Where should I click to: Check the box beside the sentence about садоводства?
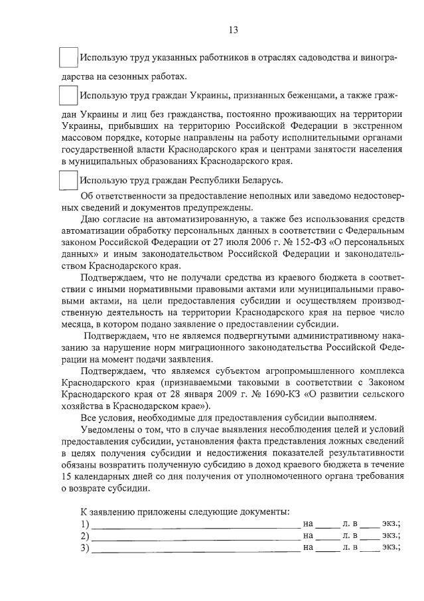pyautogui.click(x=68, y=58)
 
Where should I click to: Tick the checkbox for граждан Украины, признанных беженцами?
pyautogui.click(x=68, y=96)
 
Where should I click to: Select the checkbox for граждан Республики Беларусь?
pyautogui.click(x=68, y=180)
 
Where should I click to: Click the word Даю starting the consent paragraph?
pyautogui.click(x=90, y=220)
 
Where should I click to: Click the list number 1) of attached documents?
pyautogui.click(x=84, y=524)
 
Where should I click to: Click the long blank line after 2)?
pyautogui.click(x=196, y=536)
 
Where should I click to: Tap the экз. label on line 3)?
pyautogui.click(x=391, y=547)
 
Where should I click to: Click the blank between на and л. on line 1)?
pyautogui.click(x=327, y=524)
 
